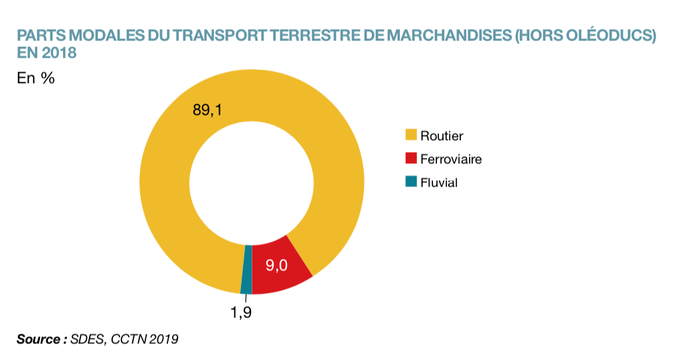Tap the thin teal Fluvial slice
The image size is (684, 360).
pos(246,270)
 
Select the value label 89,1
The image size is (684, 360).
pos(207,110)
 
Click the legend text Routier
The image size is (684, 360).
pos(442,135)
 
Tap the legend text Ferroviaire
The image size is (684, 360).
pos(451,159)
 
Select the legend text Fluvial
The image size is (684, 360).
pos(439,182)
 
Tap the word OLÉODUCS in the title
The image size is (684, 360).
pos(610,36)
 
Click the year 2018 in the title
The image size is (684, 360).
pos(60,52)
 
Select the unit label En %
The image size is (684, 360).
pos(35,78)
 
